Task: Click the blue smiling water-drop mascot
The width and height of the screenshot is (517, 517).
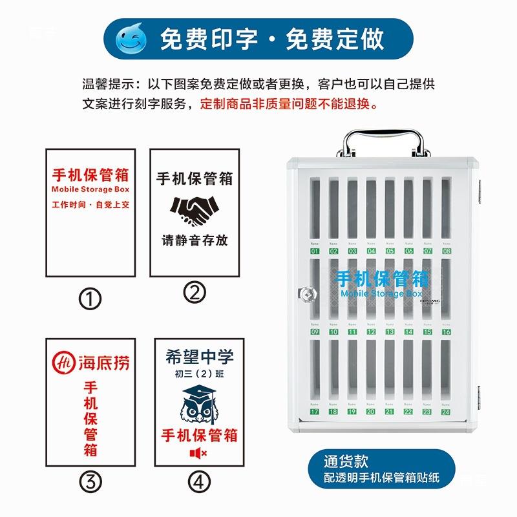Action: (131, 39)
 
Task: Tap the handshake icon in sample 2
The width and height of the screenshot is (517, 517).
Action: (195, 209)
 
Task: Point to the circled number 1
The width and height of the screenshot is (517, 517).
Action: (90, 298)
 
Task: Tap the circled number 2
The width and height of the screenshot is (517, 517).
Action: (195, 293)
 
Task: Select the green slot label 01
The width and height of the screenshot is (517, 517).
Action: (315, 251)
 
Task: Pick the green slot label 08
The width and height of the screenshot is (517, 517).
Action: (446, 251)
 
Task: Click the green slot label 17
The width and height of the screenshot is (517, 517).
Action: (315, 411)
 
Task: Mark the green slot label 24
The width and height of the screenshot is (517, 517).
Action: (446, 411)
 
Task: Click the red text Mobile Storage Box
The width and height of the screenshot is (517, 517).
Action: (90, 190)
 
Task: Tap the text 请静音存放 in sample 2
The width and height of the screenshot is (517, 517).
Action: (195, 240)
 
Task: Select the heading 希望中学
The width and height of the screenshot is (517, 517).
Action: (199, 357)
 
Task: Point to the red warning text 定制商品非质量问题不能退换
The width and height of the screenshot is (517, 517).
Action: (289, 103)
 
